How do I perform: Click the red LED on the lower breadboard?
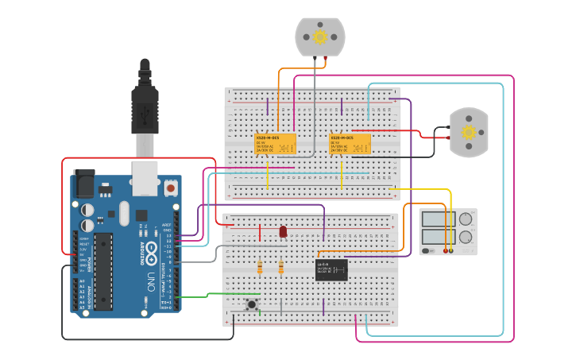coord(283,231)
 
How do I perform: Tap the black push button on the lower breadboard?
coord(252,304)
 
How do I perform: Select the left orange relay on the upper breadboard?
coord(275,143)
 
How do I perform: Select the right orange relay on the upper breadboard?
coord(350,143)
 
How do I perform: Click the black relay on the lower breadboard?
coord(331,270)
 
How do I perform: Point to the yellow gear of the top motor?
coord(320,37)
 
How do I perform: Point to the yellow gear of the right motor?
coord(469,132)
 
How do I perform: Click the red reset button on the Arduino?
coord(170,189)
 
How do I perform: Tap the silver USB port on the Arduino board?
coord(145,178)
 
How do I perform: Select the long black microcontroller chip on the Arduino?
coord(104,271)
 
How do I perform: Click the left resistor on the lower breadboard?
coord(261,268)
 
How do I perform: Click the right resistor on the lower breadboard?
coord(281,268)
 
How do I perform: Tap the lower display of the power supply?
coord(438,236)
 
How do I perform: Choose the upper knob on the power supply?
coord(466,219)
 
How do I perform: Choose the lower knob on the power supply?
coord(466,236)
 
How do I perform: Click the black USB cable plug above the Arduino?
coord(145,103)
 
